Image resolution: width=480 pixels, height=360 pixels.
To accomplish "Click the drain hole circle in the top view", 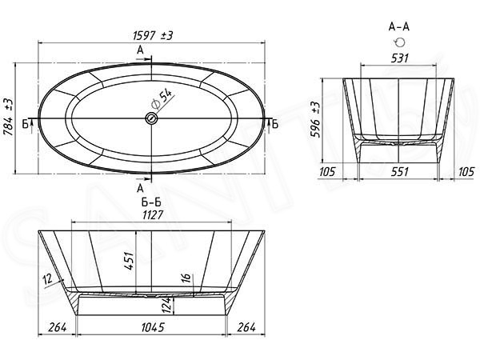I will [150, 119].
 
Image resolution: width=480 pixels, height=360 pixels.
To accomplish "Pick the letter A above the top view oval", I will [141, 50].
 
